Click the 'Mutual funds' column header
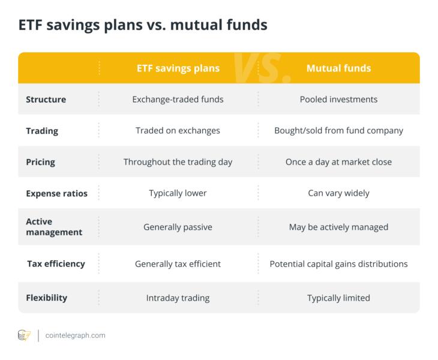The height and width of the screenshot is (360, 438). point(338,68)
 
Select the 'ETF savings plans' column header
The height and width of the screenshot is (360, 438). point(178,68)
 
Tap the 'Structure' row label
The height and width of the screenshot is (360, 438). point(46,99)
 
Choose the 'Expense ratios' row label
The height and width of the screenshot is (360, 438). point(56,193)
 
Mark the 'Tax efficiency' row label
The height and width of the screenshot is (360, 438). point(56,263)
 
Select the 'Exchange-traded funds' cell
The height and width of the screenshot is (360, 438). point(178,99)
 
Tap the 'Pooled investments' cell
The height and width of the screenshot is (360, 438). point(338,99)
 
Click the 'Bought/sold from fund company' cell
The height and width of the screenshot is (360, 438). point(338,130)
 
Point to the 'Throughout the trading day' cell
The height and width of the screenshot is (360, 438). point(178,161)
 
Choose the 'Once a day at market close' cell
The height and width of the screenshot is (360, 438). point(338,161)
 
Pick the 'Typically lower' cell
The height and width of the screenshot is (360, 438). point(178,193)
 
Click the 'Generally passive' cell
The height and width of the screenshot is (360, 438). point(178,227)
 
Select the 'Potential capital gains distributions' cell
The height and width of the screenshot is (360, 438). point(338,263)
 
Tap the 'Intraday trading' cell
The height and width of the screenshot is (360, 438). point(178,298)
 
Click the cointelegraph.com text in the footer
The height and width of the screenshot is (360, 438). point(76,335)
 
